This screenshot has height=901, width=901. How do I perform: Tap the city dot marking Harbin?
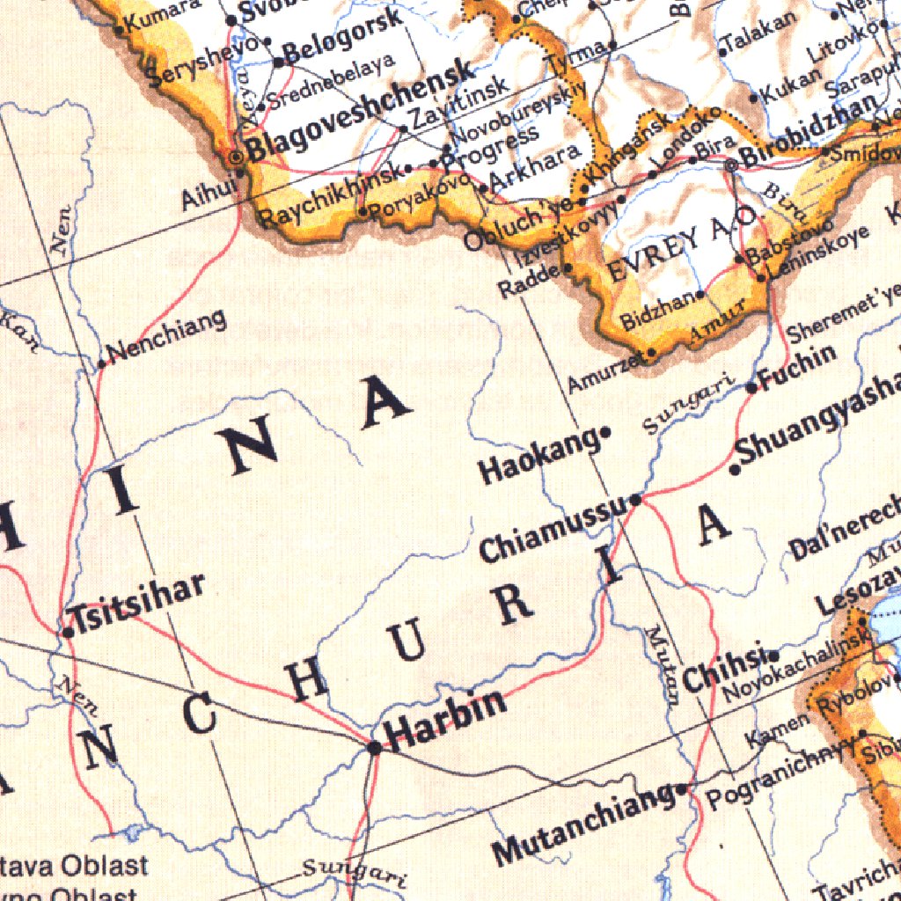pyautogui.click(x=375, y=748)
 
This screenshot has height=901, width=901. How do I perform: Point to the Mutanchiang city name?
pyautogui.click(x=582, y=824)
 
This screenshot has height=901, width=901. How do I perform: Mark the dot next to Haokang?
pyautogui.click(x=605, y=433)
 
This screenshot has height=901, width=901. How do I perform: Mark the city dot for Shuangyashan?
pyautogui.click(x=736, y=469)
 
